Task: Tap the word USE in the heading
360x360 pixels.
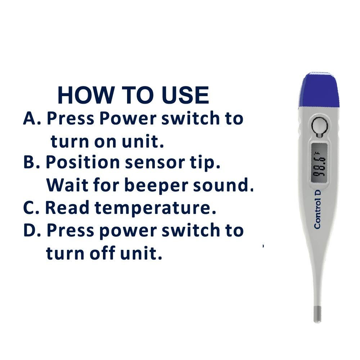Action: (185, 95)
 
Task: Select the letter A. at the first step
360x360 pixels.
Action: (32, 118)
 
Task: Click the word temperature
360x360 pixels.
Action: (156, 208)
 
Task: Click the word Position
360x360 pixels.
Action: (83, 162)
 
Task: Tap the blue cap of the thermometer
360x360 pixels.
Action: (319, 90)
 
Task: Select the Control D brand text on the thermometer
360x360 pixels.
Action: (318, 210)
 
